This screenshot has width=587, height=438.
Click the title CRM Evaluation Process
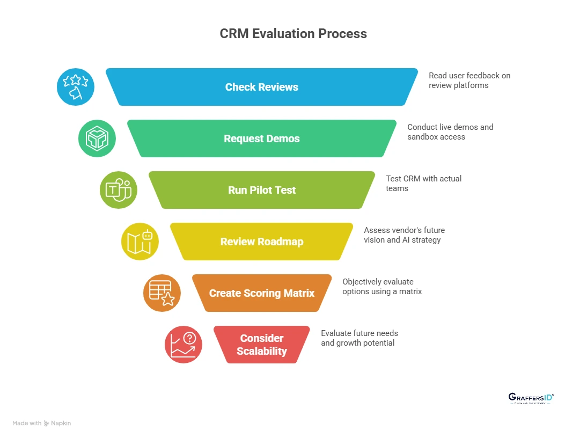pyautogui.click(x=293, y=33)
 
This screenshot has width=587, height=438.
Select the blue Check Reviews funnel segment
pyautogui.click(x=262, y=87)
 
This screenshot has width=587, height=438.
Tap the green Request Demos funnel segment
pyautogui.click(x=262, y=138)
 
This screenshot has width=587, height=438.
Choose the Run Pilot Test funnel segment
pyautogui.click(x=262, y=190)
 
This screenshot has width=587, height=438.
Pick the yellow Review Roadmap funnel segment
pyautogui.click(x=262, y=242)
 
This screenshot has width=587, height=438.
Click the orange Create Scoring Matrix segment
pyautogui.click(x=262, y=293)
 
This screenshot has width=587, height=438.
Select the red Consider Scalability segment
pyautogui.click(x=262, y=345)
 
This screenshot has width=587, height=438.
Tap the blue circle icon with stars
pyautogui.click(x=76, y=87)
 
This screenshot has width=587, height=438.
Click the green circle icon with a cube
pyautogui.click(x=97, y=138)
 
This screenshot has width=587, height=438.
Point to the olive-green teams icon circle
pyautogui.click(x=119, y=190)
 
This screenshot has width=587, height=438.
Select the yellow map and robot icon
pyautogui.click(x=140, y=242)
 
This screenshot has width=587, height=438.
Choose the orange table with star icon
pyautogui.click(x=162, y=293)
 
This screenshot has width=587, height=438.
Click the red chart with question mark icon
pyautogui.click(x=183, y=345)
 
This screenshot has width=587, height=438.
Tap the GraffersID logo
pyautogui.click(x=531, y=398)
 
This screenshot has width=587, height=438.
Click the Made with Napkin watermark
pyautogui.click(x=42, y=423)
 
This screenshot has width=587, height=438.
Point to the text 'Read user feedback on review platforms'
pyautogui.click(x=469, y=80)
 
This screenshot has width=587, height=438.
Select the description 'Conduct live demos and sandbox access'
pyautogui.click(x=450, y=132)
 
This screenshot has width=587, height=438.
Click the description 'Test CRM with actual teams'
pyautogui.click(x=423, y=183)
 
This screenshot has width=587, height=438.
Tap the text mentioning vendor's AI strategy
pyautogui.click(x=404, y=235)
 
